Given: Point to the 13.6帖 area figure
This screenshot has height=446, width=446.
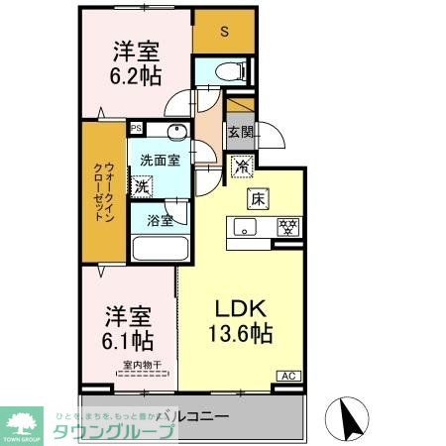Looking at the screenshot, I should tap(239, 334).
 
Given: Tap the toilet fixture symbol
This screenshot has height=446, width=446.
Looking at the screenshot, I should tap(227, 70).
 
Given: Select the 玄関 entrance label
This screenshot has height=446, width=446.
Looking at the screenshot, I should tap(240, 131).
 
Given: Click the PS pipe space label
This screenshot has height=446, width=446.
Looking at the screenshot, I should tap(136, 128).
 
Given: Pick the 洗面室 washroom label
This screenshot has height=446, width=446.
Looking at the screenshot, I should tap(159, 159).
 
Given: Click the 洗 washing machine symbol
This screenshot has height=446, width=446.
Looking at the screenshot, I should tap(143, 184).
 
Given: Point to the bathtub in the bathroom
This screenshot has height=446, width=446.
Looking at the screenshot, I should tap(155, 250).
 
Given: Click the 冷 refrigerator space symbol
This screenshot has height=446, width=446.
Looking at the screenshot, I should tap(241, 166).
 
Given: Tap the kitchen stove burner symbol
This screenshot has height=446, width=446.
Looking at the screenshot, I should tap(287, 227).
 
